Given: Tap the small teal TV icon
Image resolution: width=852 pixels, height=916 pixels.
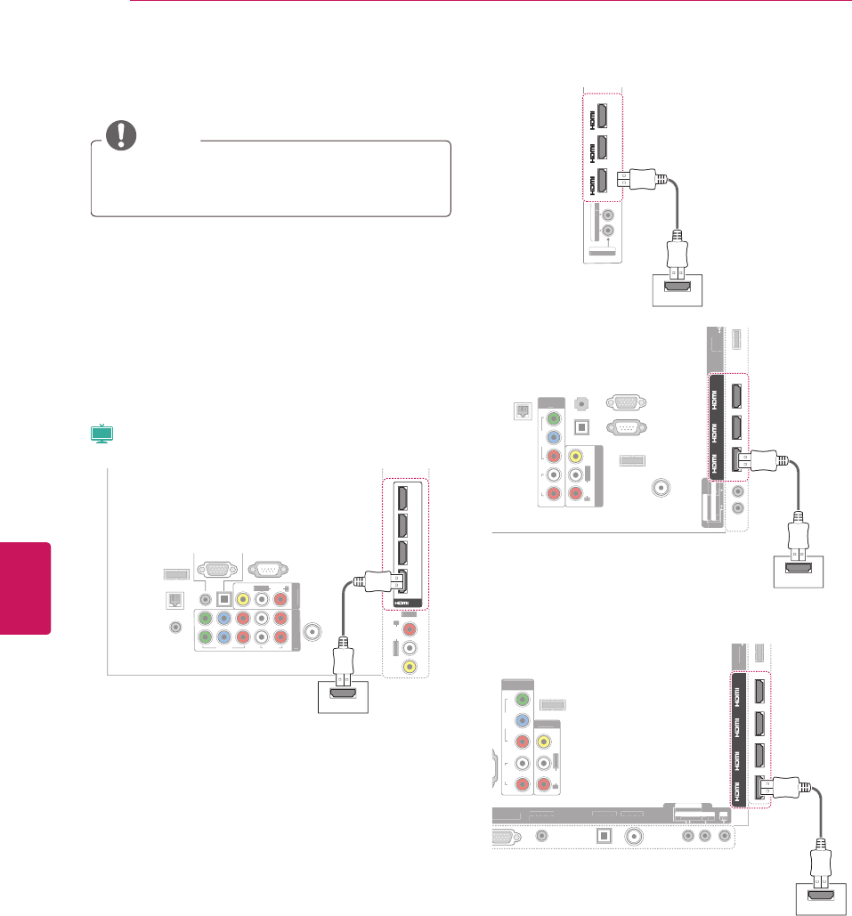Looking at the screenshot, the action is click(x=103, y=434).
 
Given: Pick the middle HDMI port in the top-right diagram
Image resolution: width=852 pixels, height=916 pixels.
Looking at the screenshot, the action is click(x=601, y=147).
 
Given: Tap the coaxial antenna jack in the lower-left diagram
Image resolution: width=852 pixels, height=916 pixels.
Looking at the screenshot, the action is click(x=312, y=630).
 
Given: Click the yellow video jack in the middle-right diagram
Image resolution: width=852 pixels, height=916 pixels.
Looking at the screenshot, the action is click(x=576, y=456).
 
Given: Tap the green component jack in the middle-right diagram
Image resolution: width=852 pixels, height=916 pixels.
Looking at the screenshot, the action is click(x=554, y=417).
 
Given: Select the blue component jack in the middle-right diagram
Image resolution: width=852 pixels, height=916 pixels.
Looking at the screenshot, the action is click(x=554, y=437).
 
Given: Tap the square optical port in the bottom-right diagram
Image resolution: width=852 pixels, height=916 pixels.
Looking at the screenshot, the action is click(x=603, y=836).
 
